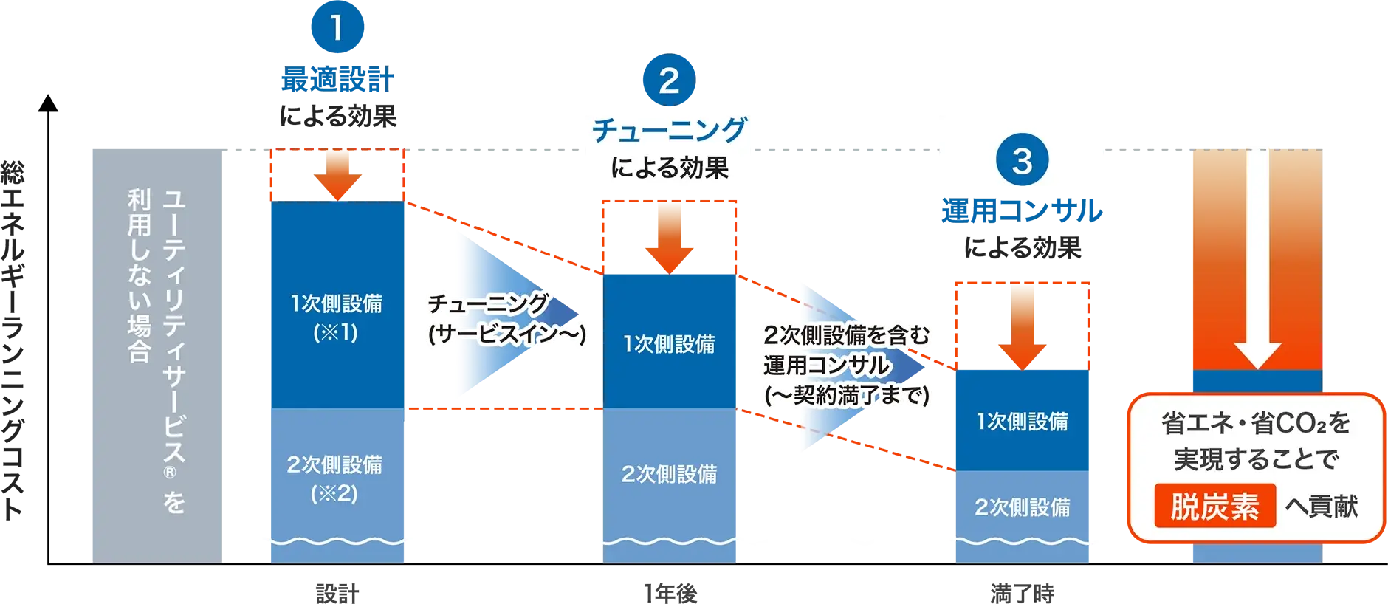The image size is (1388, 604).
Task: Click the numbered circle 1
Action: (x=337, y=28)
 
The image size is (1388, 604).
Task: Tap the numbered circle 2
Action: (x=669, y=80)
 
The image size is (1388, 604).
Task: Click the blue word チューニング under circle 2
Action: (x=670, y=131)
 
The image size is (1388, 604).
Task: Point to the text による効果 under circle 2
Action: (x=670, y=168)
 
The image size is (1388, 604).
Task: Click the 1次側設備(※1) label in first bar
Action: (x=336, y=318)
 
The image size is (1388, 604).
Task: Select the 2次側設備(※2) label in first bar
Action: (x=335, y=478)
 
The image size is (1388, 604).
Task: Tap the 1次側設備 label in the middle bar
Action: (x=670, y=344)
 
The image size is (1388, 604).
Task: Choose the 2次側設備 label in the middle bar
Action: (x=670, y=474)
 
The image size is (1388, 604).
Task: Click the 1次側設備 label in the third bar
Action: (x=1022, y=422)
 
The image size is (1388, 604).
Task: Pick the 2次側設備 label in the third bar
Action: (x=1022, y=507)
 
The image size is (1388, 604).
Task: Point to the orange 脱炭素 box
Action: (x=1214, y=507)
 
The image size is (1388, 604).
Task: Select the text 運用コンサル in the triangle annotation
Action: (x=827, y=366)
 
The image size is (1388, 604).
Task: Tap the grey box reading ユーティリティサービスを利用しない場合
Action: (x=156, y=355)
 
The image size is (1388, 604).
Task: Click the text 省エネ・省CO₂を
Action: (x=1256, y=423)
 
